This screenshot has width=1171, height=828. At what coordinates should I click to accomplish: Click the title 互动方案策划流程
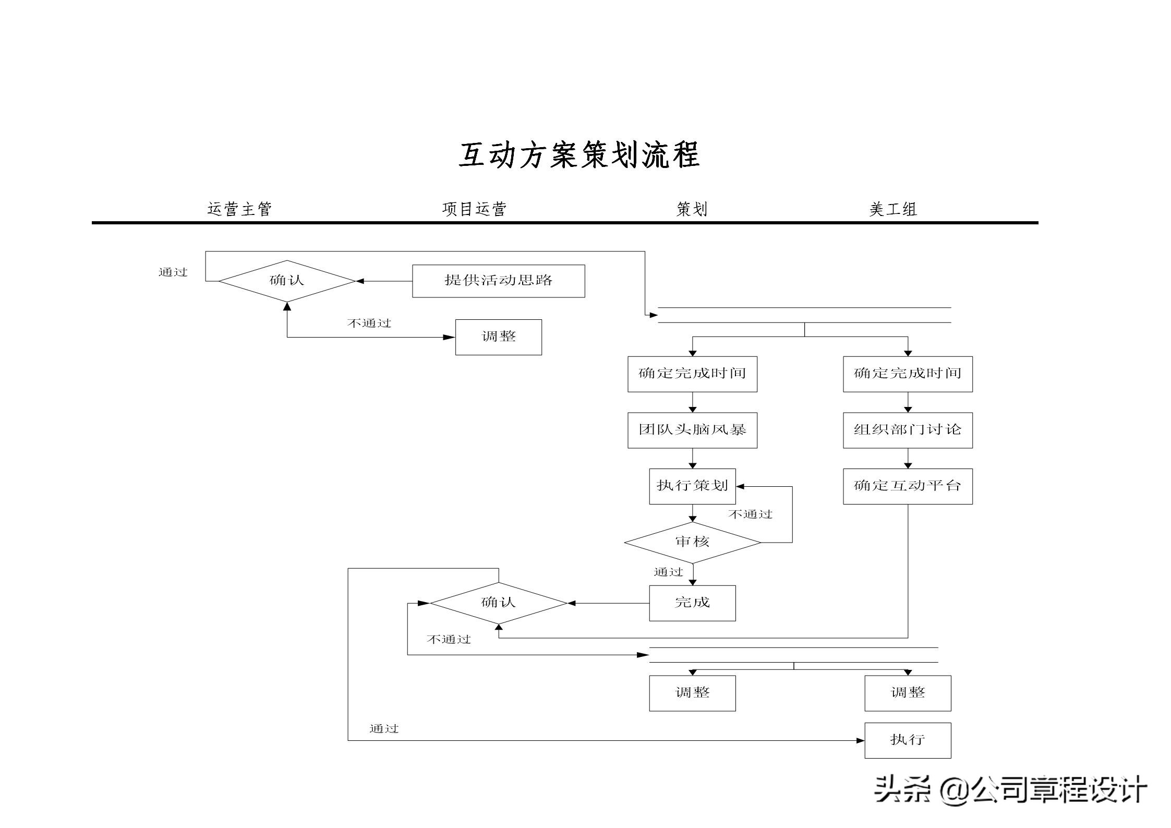pyautogui.click(x=579, y=155)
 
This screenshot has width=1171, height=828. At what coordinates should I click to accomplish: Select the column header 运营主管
pyautogui.click(x=239, y=209)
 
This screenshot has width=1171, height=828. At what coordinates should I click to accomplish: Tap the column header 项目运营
pyautogui.click(x=474, y=209)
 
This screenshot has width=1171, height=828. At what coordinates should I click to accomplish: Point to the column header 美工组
pyautogui.click(x=892, y=210)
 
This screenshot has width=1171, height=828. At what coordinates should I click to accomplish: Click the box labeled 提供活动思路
pyautogui.click(x=498, y=281)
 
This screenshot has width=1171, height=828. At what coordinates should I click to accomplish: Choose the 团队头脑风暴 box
pyautogui.click(x=692, y=430)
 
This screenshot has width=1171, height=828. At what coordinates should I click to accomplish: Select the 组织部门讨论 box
pyautogui.click(x=907, y=430)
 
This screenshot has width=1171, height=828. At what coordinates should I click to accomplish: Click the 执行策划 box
pyautogui.click(x=692, y=486)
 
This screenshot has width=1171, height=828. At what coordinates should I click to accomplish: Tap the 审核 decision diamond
pyautogui.click(x=692, y=542)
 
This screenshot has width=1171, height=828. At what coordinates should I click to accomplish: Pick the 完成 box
pyautogui.click(x=692, y=603)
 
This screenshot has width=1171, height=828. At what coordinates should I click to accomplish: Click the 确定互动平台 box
pyautogui.click(x=907, y=486)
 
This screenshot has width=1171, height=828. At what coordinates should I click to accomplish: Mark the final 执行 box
pyautogui.click(x=907, y=740)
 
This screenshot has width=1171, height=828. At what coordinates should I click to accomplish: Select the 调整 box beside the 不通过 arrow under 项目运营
pyautogui.click(x=498, y=337)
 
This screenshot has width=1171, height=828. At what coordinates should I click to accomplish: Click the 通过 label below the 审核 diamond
pyautogui.click(x=668, y=572)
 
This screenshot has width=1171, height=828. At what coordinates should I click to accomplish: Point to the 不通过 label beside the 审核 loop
pyautogui.click(x=750, y=514)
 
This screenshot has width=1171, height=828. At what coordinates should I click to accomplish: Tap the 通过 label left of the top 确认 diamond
pyautogui.click(x=173, y=272)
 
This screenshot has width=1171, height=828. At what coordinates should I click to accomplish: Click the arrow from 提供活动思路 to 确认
pyautogui.click(x=384, y=281)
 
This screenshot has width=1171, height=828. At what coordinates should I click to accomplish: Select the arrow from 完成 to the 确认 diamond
pyautogui.click(x=608, y=603)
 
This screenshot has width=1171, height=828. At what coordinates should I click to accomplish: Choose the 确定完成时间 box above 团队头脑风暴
pyautogui.click(x=692, y=374)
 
